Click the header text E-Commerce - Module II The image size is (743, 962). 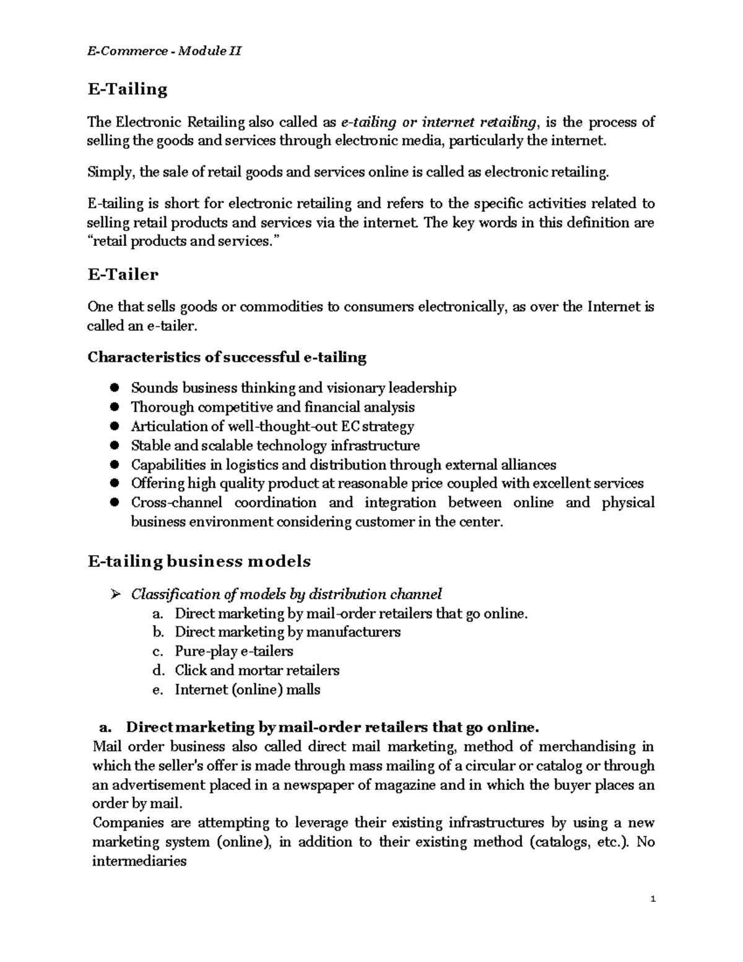click(164, 51)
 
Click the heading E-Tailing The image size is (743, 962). click(128, 90)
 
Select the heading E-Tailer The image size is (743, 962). click(123, 274)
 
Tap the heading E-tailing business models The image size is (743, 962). click(199, 562)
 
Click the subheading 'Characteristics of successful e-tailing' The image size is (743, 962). click(227, 357)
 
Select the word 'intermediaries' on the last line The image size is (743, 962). click(139, 861)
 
